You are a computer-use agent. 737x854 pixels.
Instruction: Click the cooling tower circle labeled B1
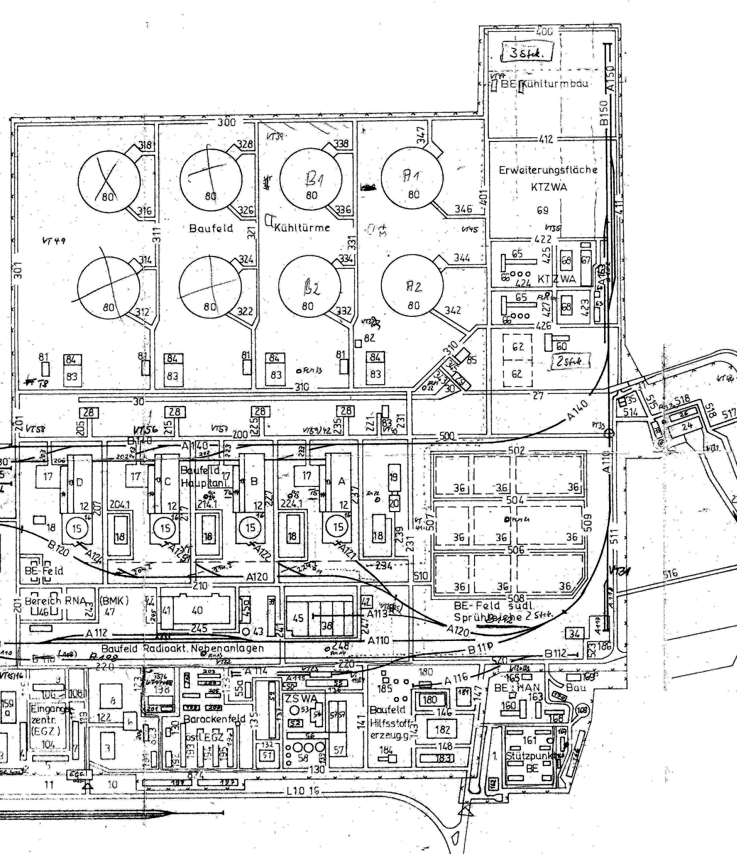point(311,179)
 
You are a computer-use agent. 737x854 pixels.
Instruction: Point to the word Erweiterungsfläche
point(548,170)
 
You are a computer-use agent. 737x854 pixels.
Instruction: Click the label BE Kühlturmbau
point(544,84)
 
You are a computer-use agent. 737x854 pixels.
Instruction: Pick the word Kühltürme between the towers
point(303,227)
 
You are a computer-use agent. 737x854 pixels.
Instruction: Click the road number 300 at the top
point(226,122)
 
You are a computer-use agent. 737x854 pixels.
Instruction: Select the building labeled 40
point(197,611)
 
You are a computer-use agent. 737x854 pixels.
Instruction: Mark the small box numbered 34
point(574,634)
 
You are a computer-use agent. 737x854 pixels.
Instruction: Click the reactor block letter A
point(341,481)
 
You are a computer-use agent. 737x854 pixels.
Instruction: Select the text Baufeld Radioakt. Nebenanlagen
point(182,648)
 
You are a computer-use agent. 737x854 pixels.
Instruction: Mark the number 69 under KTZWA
point(542,210)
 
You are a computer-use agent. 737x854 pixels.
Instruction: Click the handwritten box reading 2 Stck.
point(570,361)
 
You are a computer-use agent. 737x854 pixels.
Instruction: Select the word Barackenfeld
point(214,719)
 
